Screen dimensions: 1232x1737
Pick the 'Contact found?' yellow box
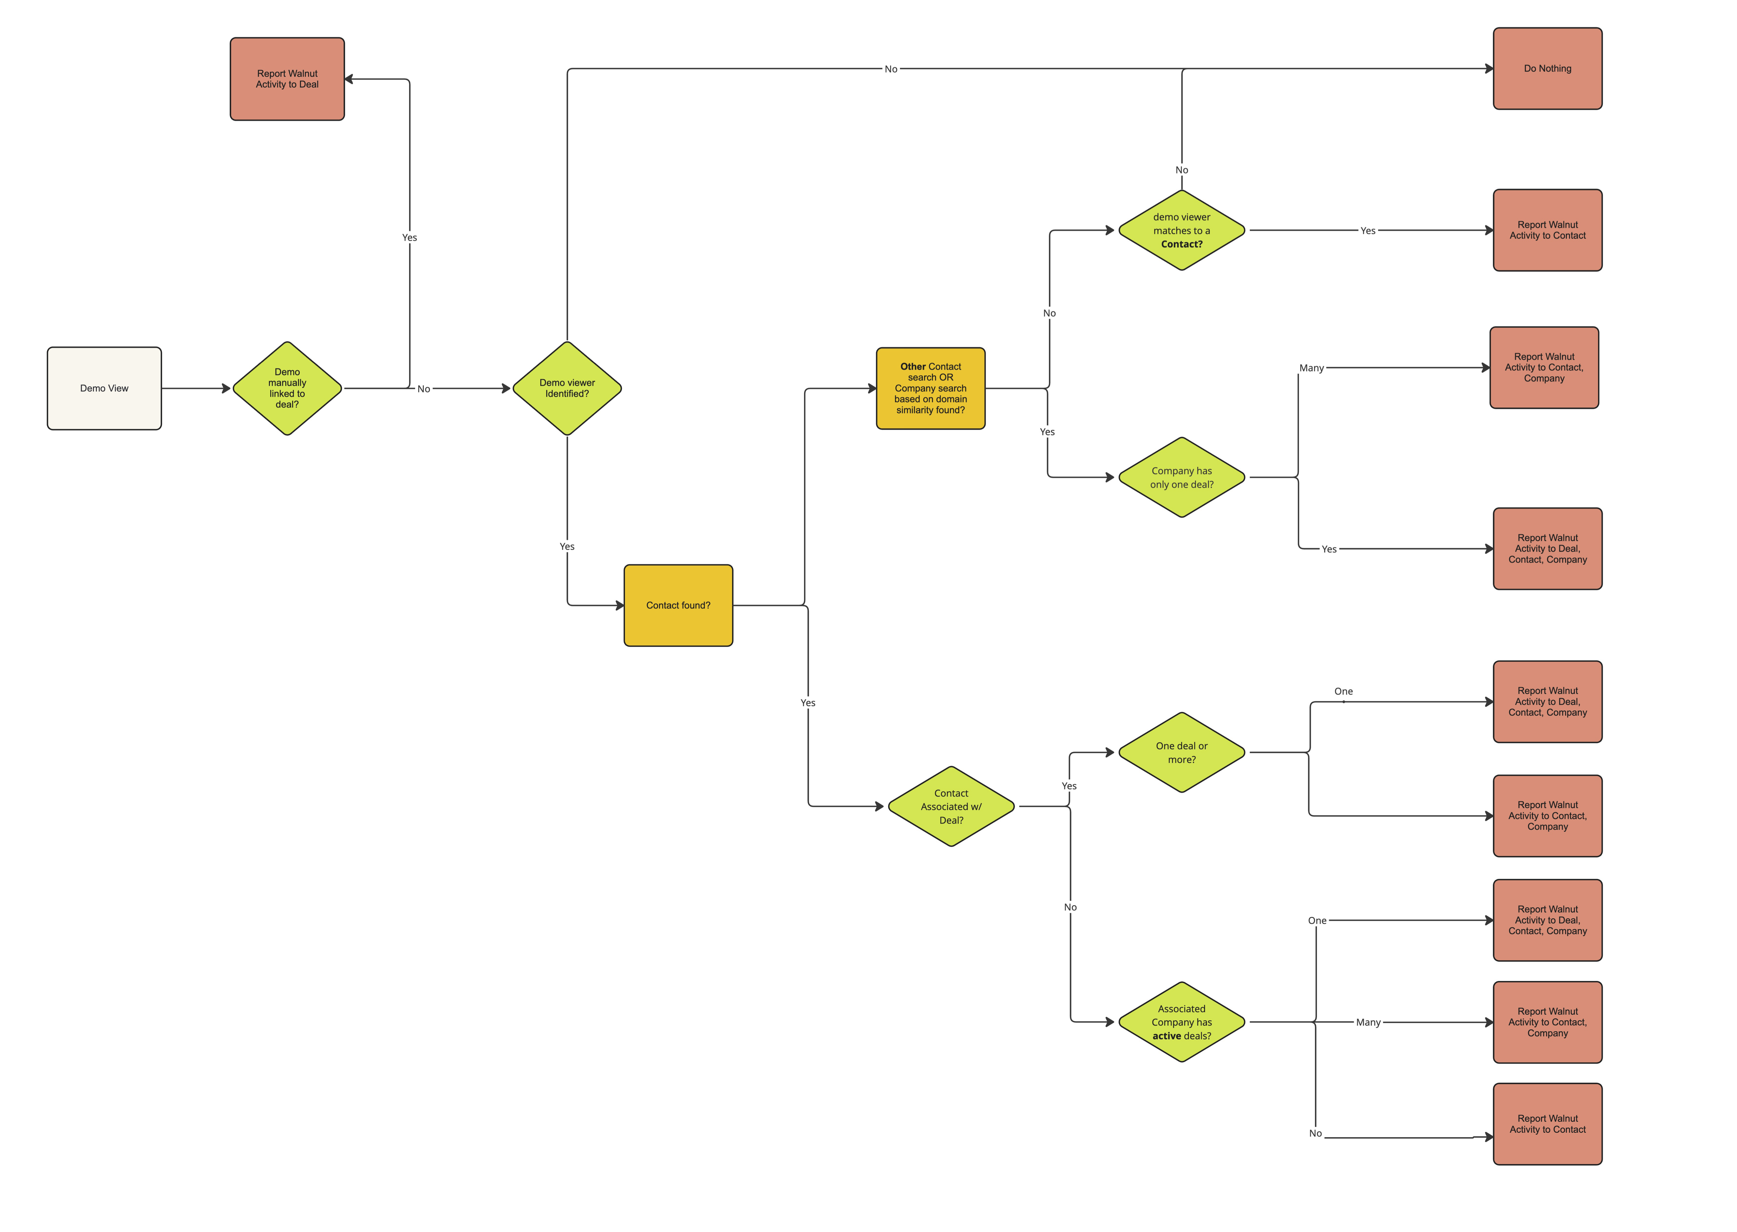pos(678,605)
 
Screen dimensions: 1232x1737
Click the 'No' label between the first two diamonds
pos(423,389)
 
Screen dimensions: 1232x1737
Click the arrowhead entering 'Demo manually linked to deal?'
pos(226,389)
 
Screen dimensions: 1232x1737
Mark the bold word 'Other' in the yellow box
pos(913,366)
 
